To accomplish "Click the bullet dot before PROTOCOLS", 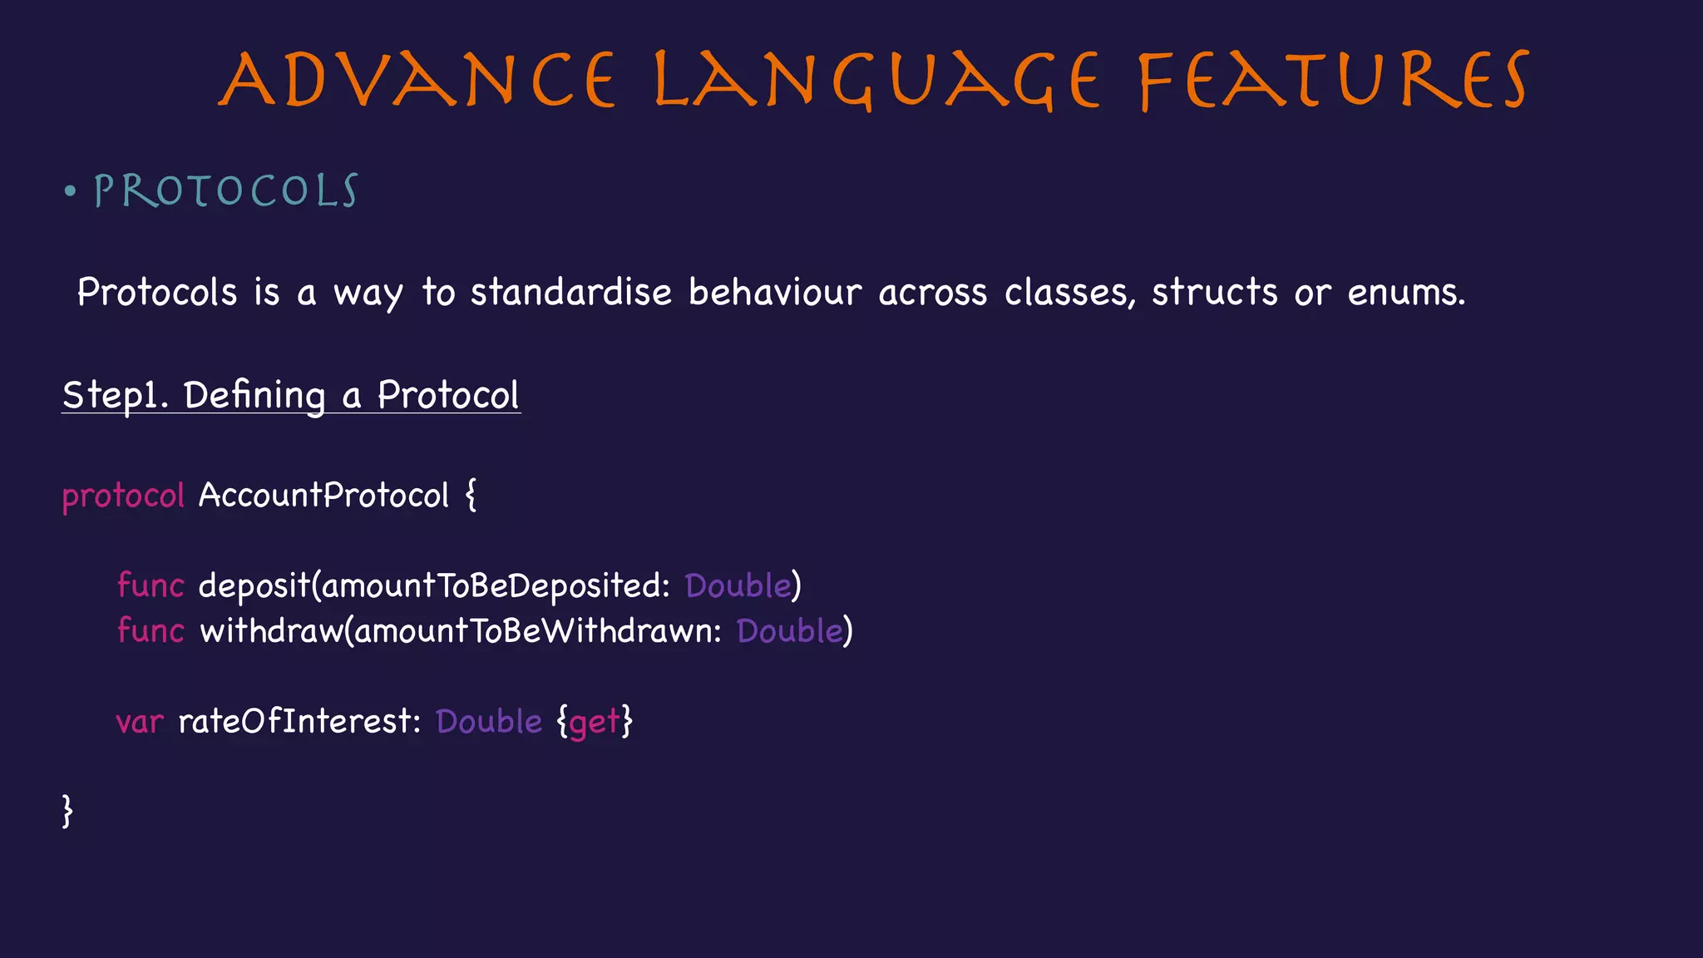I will coord(71,192).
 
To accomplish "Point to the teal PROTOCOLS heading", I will coord(225,191).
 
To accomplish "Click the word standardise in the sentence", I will coord(570,293).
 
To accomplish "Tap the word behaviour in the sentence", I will coord(774,293).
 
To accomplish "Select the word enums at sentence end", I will coord(1404,293).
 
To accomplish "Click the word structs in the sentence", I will coord(1214,293).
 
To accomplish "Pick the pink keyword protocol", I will coord(123,496).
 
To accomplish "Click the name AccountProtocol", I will coord(323,496).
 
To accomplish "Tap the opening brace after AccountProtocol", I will coord(471,495).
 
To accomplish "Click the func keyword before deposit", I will coord(150,585).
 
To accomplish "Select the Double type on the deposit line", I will coord(738,585).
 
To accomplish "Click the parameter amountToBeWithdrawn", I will coord(536,631).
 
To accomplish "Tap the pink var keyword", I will coord(139,722).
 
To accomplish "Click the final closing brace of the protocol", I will coord(67,810).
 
